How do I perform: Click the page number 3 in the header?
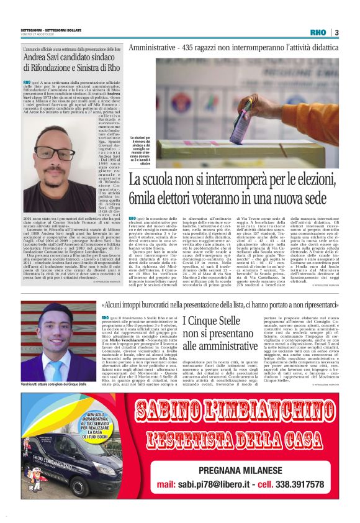tap(336, 32)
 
